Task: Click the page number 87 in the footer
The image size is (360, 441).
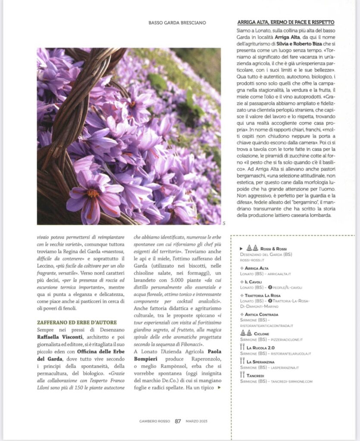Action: coord(178,421)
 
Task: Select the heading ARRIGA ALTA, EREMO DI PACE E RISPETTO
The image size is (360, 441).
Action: coord(286,22)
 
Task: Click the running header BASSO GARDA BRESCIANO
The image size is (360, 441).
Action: coord(177,22)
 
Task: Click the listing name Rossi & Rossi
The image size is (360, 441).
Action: coord(274,249)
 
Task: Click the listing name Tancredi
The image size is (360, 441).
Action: coord(258,376)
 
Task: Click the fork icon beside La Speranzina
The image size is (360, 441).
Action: coord(242,362)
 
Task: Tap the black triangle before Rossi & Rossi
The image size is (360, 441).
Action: coord(241,249)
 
